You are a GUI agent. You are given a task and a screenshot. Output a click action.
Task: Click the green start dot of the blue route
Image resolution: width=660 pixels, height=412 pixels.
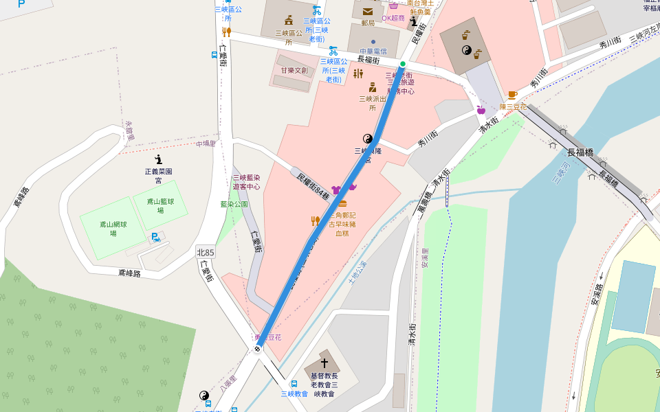click(x=403, y=64)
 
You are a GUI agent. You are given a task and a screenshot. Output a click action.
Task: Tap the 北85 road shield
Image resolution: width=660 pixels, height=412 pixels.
click(x=206, y=253)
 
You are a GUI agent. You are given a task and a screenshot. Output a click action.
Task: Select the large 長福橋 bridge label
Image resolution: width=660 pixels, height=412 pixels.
click(x=580, y=152)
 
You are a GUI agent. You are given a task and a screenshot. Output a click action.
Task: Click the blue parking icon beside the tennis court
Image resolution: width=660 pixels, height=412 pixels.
click(x=155, y=238)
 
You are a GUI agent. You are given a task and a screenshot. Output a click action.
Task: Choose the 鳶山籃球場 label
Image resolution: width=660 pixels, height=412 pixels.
click(x=160, y=205)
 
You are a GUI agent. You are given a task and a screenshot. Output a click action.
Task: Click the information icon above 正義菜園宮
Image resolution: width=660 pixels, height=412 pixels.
click(x=158, y=159)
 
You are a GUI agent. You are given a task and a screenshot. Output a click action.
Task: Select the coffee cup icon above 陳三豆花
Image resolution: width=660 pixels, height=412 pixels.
click(x=512, y=95)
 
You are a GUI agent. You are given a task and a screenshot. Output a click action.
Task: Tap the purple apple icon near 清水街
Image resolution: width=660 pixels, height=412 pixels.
click(x=481, y=109)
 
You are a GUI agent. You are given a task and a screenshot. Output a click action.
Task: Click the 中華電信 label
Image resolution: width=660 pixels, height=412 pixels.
click(x=374, y=51)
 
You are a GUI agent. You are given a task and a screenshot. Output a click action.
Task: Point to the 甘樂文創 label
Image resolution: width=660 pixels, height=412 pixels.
click(x=294, y=70)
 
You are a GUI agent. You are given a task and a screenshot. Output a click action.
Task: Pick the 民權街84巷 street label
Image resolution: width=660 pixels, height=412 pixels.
click(x=313, y=186)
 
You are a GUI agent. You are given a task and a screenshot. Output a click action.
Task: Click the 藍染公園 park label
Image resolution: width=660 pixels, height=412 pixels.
click(x=234, y=204)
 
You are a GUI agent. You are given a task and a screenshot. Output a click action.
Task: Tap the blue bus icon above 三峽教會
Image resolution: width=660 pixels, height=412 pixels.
click(x=294, y=384)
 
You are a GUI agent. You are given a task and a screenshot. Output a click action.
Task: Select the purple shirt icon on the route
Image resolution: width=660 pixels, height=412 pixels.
click(x=335, y=190)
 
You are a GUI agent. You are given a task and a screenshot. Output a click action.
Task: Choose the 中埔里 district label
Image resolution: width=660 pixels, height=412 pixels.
click(x=206, y=144)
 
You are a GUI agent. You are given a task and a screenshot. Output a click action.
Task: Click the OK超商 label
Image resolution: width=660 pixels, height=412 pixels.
click(x=393, y=18)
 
